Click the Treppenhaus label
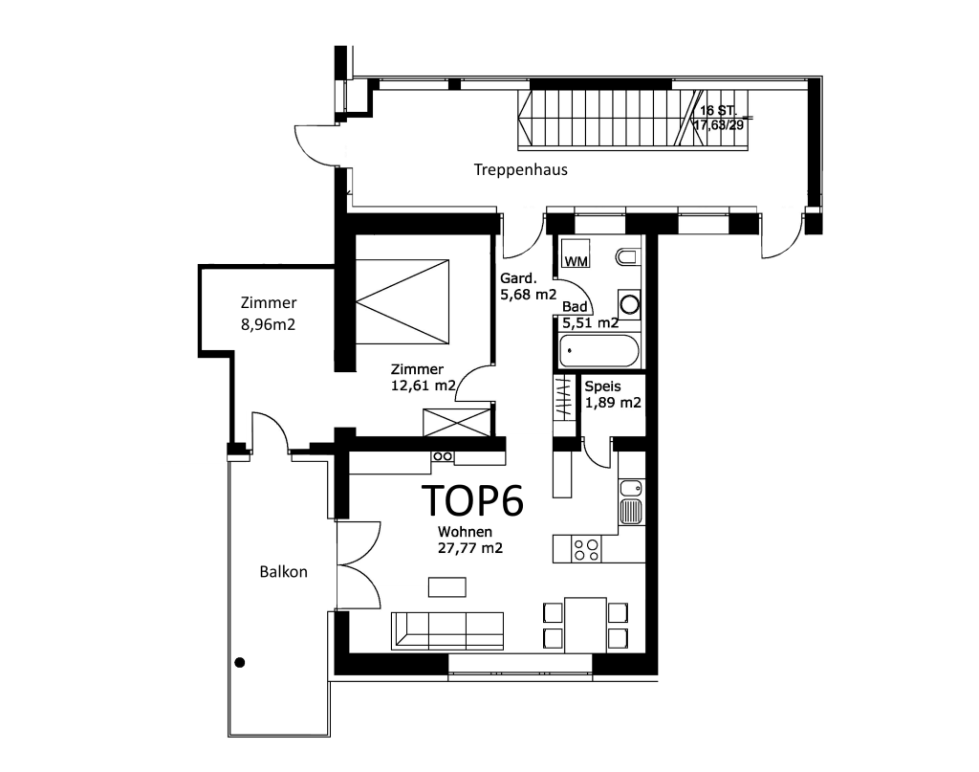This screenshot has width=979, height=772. (x=521, y=170)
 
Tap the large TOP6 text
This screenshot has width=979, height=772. (x=472, y=500)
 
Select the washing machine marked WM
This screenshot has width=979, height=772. (x=575, y=253)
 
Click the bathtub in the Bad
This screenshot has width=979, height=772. (x=598, y=351)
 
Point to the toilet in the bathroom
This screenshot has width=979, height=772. (x=627, y=256)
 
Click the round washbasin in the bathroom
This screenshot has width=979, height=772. (x=629, y=305)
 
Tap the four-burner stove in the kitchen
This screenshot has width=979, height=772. (x=587, y=550)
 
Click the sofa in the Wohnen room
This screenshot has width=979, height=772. (x=447, y=630)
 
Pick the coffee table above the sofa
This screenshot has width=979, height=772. (x=447, y=587)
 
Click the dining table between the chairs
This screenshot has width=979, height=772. (x=586, y=626)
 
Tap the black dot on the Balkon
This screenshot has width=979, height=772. (x=240, y=663)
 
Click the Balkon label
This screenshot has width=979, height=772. (x=283, y=572)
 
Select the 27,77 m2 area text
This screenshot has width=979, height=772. (x=470, y=548)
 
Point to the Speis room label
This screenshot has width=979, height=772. (x=602, y=386)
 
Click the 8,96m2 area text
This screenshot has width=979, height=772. (x=268, y=325)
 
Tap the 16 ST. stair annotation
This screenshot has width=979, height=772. (x=718, y=111)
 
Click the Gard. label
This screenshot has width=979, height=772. (x=518, y=278)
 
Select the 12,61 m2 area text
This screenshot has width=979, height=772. (x=424, y=386)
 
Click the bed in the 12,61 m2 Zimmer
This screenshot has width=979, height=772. (x=402, y=301)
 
